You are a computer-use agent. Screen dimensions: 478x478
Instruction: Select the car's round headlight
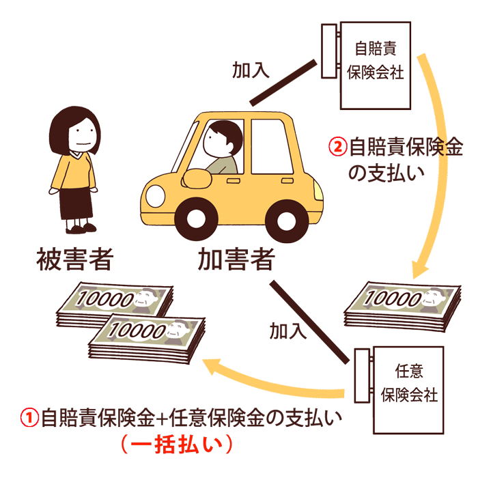pos(156,195)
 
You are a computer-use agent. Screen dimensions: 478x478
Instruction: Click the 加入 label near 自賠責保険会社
pos(249,70)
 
